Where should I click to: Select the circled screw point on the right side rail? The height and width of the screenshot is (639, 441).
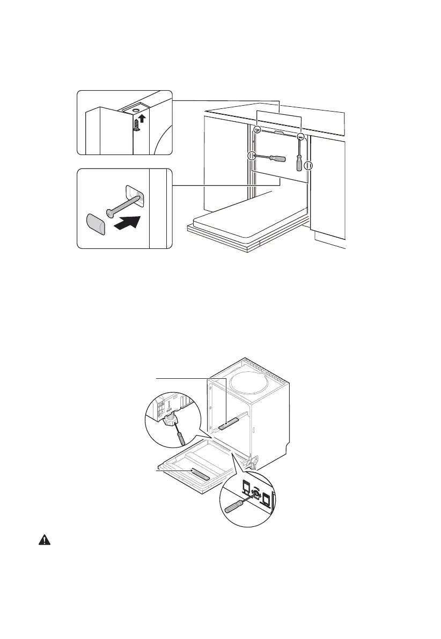(309, 166)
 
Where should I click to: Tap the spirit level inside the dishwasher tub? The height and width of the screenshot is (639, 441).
(227, 425)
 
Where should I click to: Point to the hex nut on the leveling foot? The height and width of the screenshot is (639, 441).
(171, 421)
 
